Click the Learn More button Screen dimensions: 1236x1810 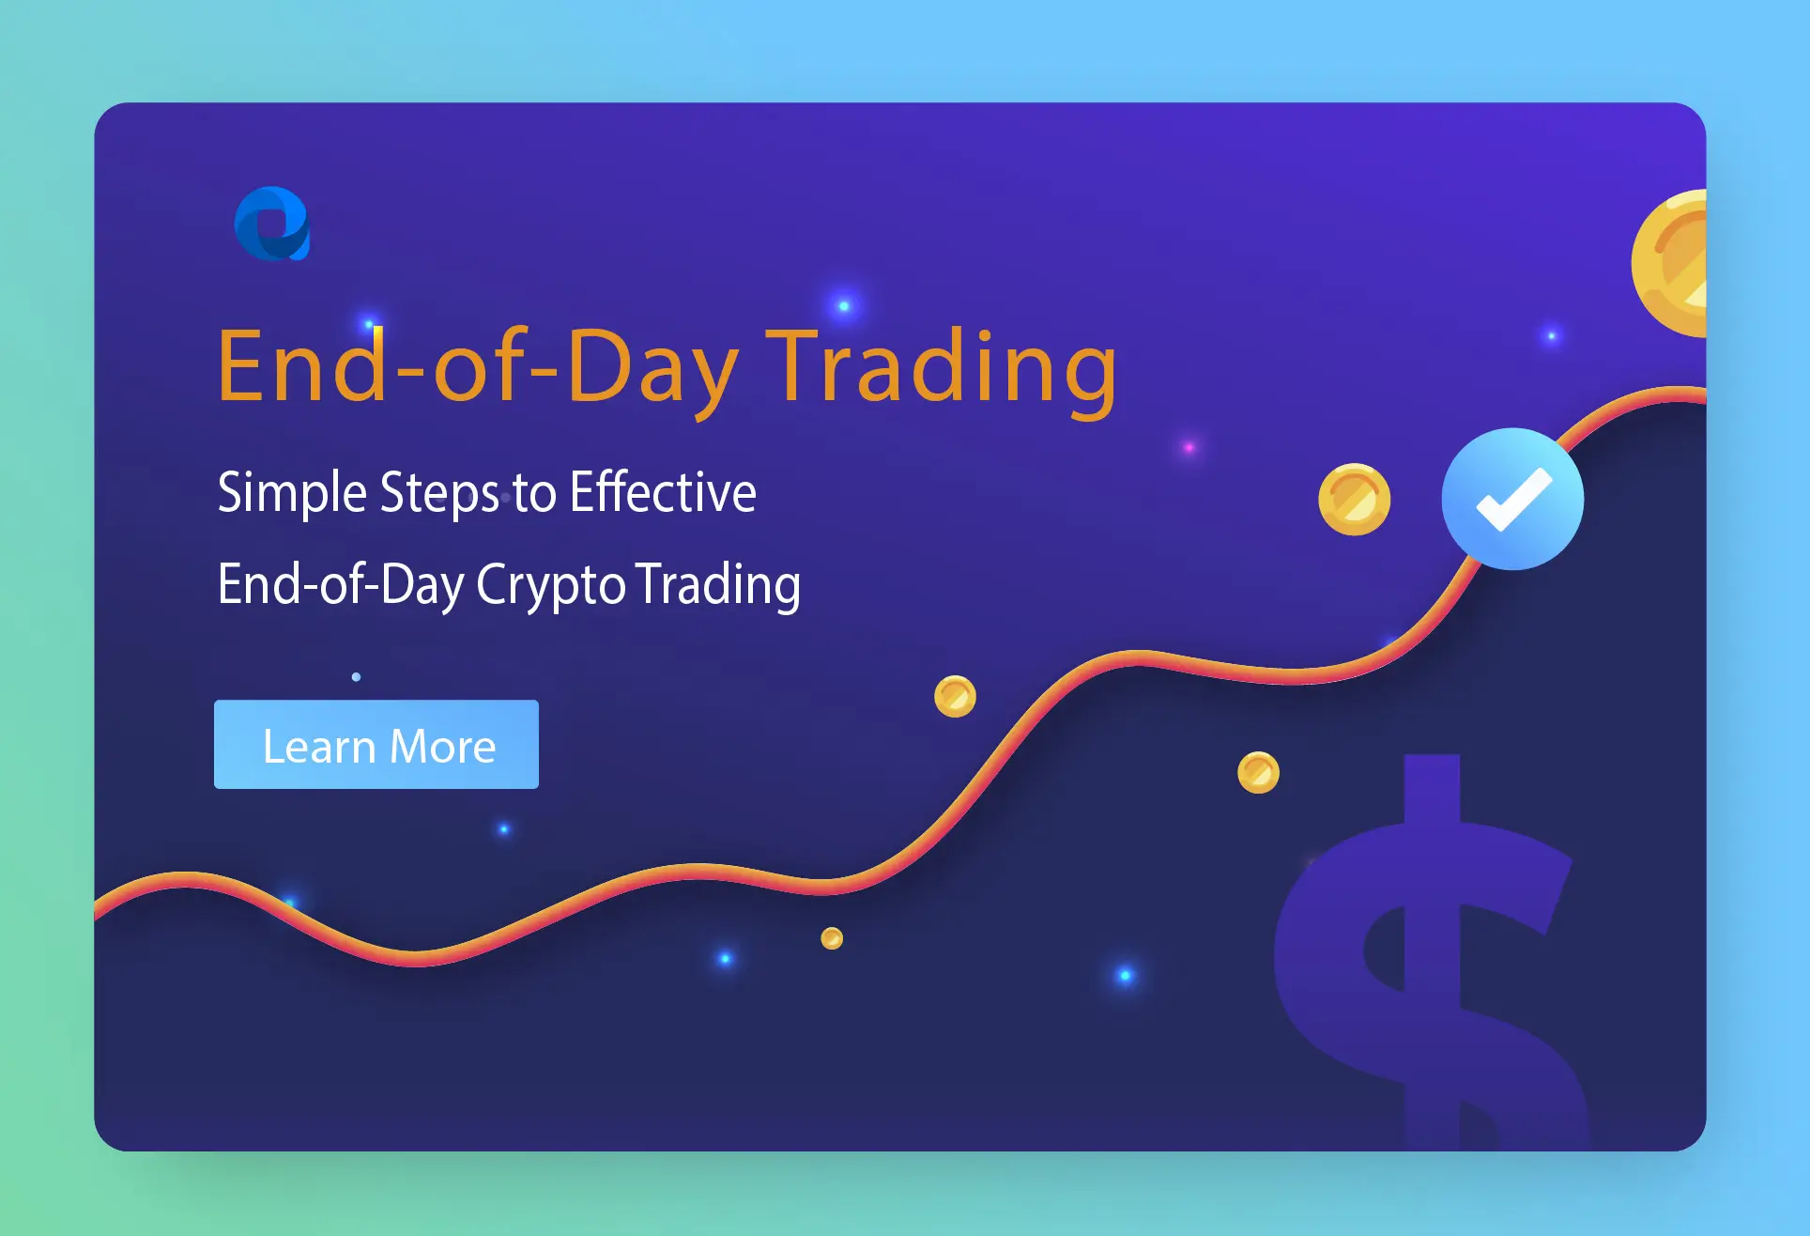376,744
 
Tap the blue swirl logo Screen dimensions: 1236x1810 271,224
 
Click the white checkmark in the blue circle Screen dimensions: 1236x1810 1512,499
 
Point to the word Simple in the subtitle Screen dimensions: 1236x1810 292,492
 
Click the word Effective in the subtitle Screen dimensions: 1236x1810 663,492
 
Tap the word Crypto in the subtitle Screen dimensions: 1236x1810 550,585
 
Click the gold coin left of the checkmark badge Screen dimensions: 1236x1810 1354,499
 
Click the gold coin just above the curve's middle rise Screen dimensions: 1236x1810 955,696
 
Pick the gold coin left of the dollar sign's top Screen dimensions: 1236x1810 1258,772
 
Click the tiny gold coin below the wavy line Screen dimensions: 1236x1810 831,937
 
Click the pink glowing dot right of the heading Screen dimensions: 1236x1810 1189,447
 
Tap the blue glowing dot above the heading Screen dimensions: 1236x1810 843,305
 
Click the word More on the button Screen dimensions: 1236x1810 442,747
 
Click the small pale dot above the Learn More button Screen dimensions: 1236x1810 356,676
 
